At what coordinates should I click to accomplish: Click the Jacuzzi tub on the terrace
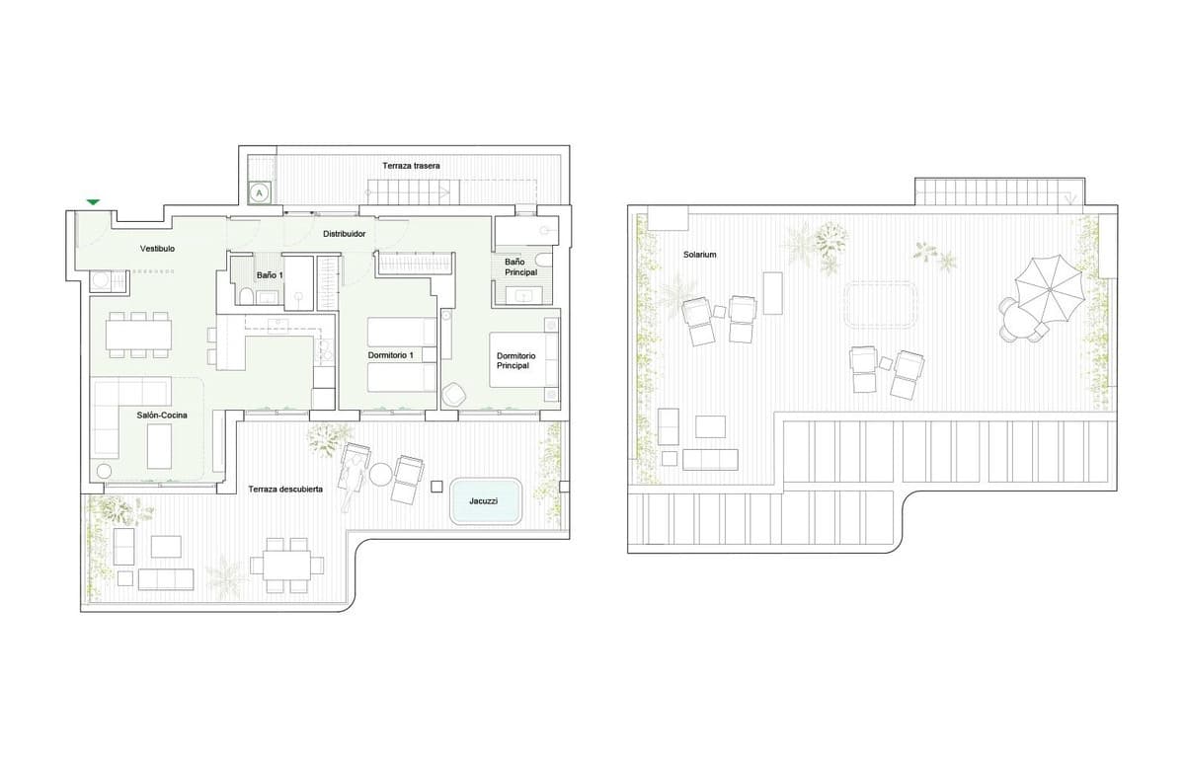[x=485, y=500]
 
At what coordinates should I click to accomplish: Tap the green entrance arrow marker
[x=93, y=201]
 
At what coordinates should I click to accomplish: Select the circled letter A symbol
[x=259, y=193]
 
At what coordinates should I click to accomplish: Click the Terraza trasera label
[x=411, y=165]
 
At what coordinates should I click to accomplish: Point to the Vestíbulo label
[x=157, y=249]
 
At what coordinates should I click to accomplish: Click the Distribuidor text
[x=345, y=234]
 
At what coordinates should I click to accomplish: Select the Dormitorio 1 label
[x=390, y=353]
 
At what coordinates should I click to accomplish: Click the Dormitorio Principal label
[x=515, y=360]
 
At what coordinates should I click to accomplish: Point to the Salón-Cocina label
[x=162, y=416]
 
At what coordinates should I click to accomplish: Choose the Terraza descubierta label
[x=285, y=490]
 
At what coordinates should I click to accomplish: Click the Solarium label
[x=699, y=255]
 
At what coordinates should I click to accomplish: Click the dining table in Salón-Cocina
[x=138, y=337]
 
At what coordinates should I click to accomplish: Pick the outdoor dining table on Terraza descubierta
[x=286, y=565]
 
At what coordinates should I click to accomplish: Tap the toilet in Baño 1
[x=245, y=297]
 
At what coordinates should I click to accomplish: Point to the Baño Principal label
[x=520, y=267]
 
